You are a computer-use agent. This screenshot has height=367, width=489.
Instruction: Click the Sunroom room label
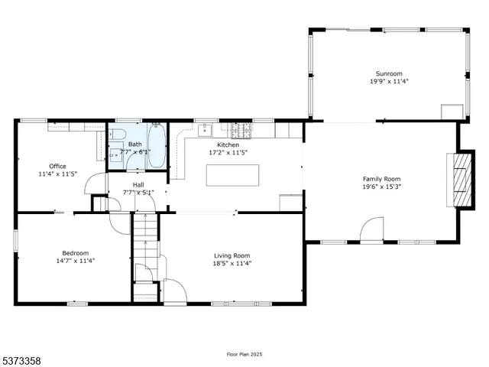click(x=389, y=73)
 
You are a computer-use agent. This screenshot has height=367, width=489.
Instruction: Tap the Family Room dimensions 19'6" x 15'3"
click(x=381, y=187)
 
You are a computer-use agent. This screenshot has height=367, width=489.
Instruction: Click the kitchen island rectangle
click(x=232, y=174)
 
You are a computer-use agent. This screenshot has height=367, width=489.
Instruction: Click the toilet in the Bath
click(x=117, y=136)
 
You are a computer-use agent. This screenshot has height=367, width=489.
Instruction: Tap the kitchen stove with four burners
click(x=241, y=129)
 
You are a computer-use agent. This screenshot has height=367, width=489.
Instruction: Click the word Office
click(x=57, y=166)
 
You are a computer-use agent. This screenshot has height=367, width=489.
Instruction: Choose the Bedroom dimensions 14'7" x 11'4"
click(x=76, y=261)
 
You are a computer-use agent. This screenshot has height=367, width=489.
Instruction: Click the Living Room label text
click(x=231, y=255)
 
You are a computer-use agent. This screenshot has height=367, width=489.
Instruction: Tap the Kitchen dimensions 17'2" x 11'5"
click(x=228, y=153)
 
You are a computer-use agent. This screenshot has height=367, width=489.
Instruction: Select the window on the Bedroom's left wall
click(x=15, y=239)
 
